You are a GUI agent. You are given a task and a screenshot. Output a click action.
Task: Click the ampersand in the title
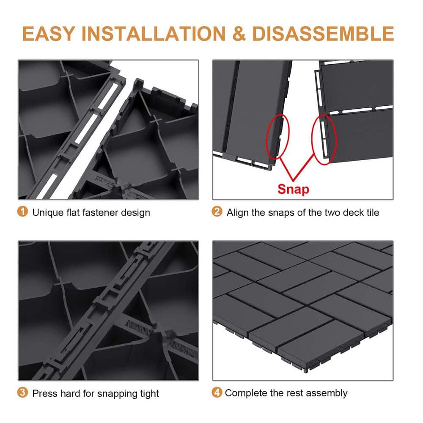click(x=239, y=33)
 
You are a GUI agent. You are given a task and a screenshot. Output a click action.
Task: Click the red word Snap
click(x=293, y=189)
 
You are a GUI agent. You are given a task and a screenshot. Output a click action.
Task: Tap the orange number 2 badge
click(x=217, y=211)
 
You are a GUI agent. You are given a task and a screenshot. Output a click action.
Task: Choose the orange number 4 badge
click(x=217, y=393)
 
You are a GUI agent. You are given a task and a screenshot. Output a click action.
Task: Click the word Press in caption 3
click(x=45, y=393)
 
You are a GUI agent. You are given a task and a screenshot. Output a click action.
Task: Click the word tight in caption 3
click(x=148, y=393)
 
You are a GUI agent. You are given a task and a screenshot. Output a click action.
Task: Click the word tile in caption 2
click(x=371, y=212)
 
